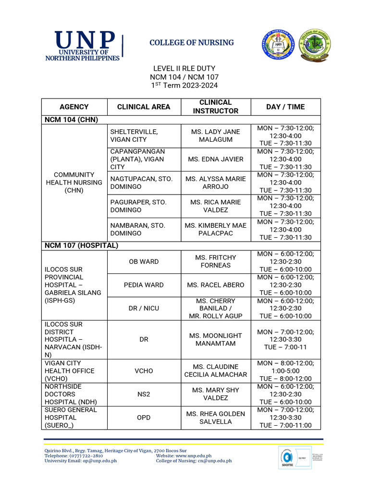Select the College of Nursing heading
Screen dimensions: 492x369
[x=191, y=43]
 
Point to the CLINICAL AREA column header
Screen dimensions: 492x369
[x=144, y=107]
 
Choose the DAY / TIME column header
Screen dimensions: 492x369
[x=285, y=107]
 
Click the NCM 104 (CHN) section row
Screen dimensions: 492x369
[x=67, y=120]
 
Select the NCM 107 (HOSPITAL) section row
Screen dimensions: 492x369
[x=81, y=246]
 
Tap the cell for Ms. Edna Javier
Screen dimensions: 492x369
[x=215, y=159]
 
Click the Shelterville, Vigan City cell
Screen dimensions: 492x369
[x=144, y=135]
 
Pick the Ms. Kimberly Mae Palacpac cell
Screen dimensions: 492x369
[x=215, y=229]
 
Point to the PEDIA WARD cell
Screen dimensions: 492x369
[x=144, y=285]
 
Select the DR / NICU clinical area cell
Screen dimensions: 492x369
[x=144, y=308]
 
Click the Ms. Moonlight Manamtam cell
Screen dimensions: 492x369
[x=215, y=339]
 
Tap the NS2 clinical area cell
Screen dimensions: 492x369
[x=144, y=394]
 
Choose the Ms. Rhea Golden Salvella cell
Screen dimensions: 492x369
[x=215, y=418]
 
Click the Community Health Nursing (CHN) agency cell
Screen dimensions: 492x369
[x=74, y=183]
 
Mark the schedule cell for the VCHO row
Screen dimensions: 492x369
[x=285, y=370]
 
